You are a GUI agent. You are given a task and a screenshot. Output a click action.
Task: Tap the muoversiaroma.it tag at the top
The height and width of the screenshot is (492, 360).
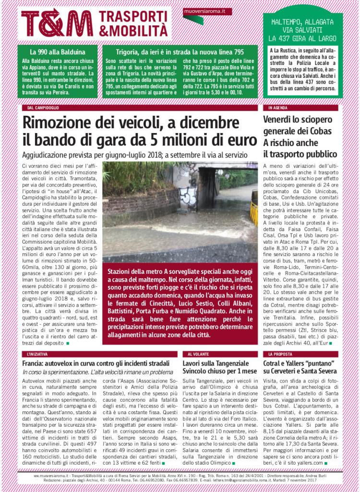click(x=205, y=10)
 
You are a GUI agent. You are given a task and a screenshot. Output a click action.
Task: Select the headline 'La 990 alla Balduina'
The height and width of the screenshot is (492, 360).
click(x=58, y=51)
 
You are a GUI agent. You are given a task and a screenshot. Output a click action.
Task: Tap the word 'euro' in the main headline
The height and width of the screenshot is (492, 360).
click(x=235, y=141)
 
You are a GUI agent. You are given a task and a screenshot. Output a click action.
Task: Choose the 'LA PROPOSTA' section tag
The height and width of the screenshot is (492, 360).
click(x=280, y=354)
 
